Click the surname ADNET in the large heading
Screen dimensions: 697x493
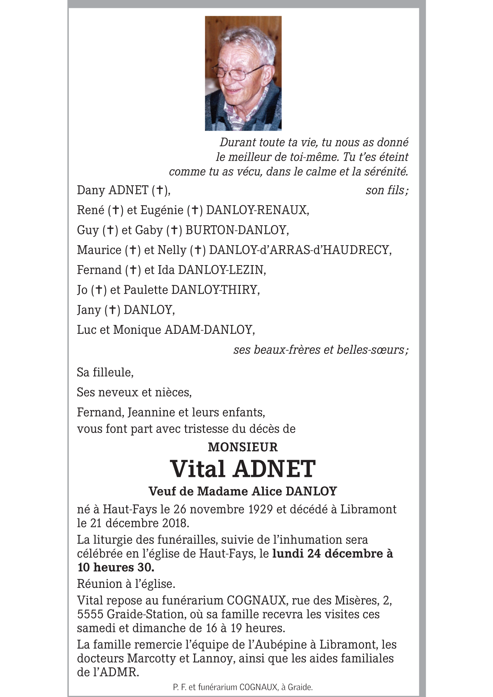[x=274, y=469]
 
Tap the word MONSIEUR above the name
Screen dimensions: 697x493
[x=243, y=447]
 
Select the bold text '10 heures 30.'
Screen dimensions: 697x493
[x=116, y=567]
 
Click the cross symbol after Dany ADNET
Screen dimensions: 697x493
[x=160, y=190]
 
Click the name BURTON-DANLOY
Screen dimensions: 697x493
[x=236, y=230]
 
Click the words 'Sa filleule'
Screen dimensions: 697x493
[x=105, y=372]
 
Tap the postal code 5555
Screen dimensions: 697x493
[x=90, y=614]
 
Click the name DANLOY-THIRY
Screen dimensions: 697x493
[x=215, y=289]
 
